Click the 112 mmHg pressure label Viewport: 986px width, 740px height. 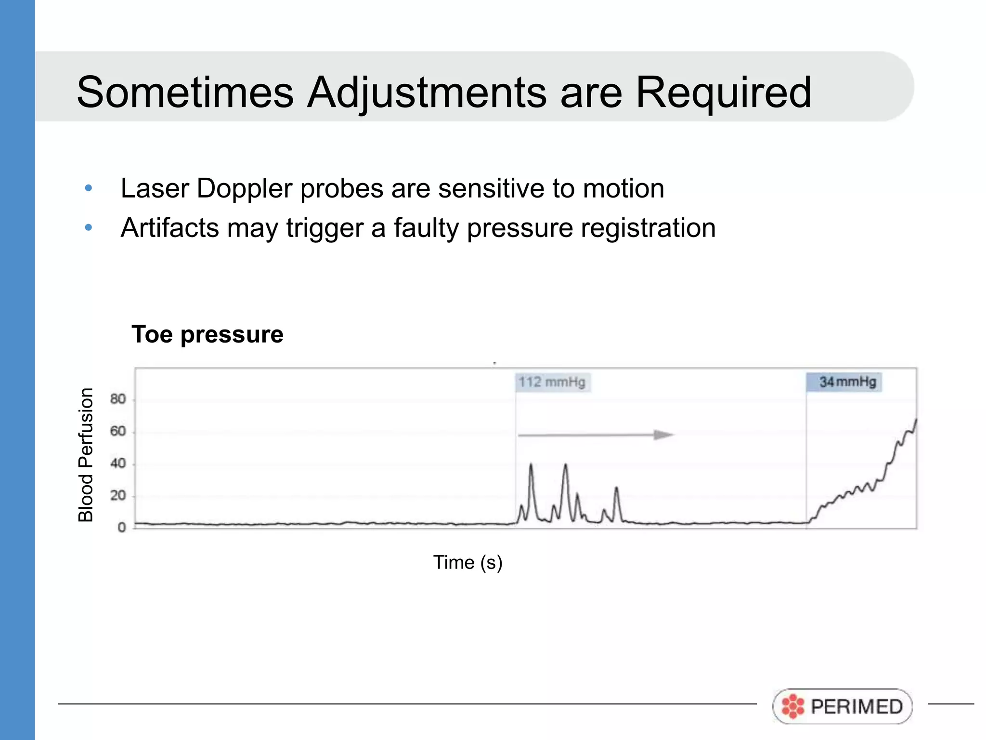click(x=552, y=383)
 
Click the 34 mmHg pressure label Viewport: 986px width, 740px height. click(x=845, y=382)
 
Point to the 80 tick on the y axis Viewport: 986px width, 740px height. click(x=118, y=399)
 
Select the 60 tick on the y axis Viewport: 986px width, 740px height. click(x=118, y=431)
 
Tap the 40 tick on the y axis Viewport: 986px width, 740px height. click(x=118, y=463)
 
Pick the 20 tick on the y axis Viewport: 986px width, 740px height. click(x=118, y=496)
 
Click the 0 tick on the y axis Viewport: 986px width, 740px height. click(x=122, y=528)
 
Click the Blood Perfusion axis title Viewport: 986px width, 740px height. click(x=86, y=455)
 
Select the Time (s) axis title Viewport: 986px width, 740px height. click(x=467, y=562)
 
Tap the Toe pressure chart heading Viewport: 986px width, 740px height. click(x=208, y=334)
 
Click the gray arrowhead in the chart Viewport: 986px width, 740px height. click(x=663, y=435)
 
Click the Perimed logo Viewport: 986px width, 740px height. click(x=843, y=706)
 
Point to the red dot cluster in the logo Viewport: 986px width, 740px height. click(x=792, y=706)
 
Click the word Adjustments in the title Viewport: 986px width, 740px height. click(x=427, y=92)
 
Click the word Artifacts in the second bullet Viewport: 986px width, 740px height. click(x=169, y=228)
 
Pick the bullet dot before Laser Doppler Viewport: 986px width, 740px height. click(x=88, y=188)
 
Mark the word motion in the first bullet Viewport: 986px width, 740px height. click(x=623, y=188)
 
